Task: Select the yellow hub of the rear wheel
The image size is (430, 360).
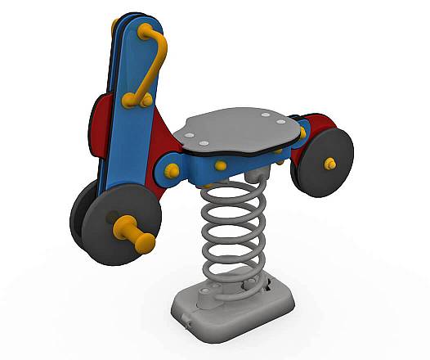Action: tap(330, 163)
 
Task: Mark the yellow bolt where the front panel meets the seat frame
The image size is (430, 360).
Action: tap(172, 171)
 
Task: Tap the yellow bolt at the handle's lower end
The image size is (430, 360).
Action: tap(129, 101)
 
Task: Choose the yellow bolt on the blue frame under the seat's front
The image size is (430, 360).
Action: tap(221, 165)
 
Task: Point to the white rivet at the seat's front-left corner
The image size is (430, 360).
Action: tap(190, 135)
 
